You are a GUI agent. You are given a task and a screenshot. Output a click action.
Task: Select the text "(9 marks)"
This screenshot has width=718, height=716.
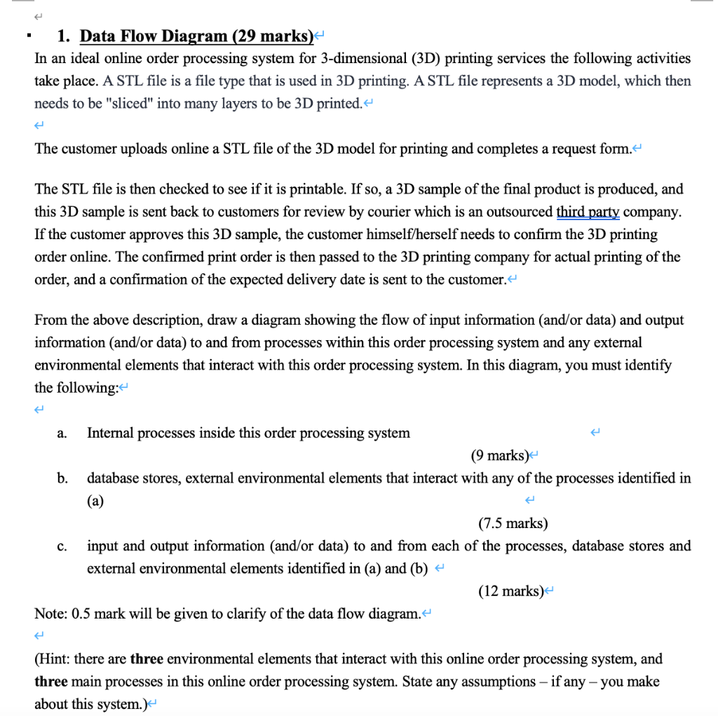[x=499, y=456]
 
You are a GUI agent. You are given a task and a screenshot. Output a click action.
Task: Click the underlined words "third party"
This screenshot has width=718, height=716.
[x=588, y=212]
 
